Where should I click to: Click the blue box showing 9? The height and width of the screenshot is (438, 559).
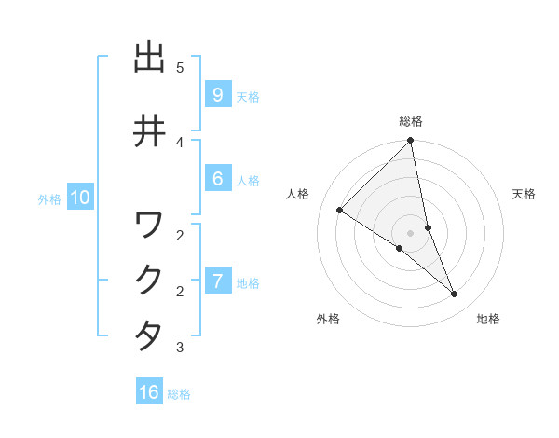click(217, 95)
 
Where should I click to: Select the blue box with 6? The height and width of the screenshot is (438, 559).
click(217, 180)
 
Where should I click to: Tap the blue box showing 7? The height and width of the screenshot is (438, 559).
click(217, 281)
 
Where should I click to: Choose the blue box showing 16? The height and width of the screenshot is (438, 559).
click(149, 392)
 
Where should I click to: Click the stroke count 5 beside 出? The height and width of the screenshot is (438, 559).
click(180, 68)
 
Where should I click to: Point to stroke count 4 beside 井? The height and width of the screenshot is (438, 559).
click(180, 142)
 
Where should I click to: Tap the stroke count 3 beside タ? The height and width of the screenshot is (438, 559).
click(180, 348)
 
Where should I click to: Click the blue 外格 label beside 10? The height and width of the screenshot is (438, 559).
click(49, 198)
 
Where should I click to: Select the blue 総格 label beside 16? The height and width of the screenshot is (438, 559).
click(179, 394)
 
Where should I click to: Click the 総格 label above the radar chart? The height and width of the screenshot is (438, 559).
click(411, 121)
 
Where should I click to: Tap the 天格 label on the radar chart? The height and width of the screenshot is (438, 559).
click(524, 194)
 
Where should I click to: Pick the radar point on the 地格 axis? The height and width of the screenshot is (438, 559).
click(455, 294)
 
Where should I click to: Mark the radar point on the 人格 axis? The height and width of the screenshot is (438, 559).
click(340, 210)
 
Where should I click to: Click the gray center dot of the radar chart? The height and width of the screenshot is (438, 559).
click(411, 233)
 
